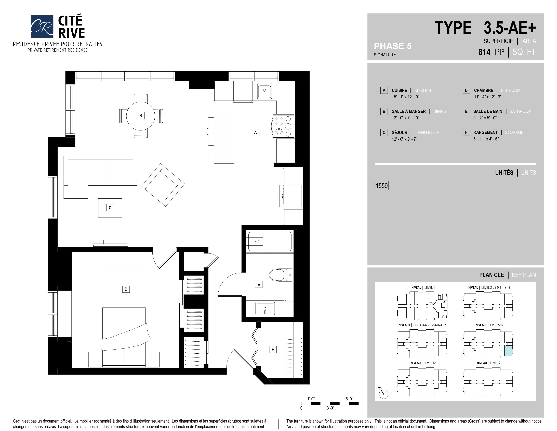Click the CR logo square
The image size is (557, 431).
42,27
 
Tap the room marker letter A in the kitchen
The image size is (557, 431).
255,133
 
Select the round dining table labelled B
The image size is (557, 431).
141,116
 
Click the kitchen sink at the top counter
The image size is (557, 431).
264,90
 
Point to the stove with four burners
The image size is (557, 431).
284,126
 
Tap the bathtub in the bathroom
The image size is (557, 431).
270,242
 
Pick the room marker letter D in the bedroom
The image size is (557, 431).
126,289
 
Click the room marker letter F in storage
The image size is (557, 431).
273,349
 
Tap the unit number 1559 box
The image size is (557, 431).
381,186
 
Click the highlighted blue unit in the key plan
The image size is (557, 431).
508,350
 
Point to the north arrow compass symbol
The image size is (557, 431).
383,393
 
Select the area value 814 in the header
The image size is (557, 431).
484,52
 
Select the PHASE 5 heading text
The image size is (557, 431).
392,46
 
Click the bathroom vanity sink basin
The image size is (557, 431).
265,308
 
